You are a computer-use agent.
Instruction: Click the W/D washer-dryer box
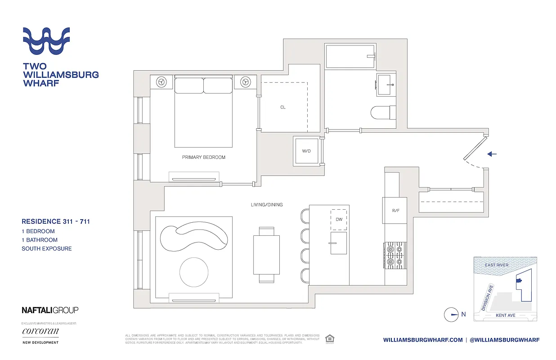(x=306, y=151)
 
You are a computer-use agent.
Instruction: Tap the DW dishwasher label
(x=339, y=219)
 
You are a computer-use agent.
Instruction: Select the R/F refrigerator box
(x=395, y=210)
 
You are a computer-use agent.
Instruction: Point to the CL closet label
(x=283, y=107)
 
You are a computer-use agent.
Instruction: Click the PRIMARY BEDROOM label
(x=203, y=157)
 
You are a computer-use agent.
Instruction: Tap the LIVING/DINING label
(x=267, y=205)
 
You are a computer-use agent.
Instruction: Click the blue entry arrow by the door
(x=492, y=154)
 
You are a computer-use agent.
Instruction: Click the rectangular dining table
(x=266, y=254)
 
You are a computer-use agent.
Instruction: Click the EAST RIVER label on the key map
(x=497, y=265)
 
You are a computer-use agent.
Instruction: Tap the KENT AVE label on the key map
(x=505, y=315)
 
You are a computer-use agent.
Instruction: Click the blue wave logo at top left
(x=46, y=41)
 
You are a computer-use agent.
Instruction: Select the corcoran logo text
(x=40, y=332)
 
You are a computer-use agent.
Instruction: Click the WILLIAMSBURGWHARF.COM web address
(x=423, y=340)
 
